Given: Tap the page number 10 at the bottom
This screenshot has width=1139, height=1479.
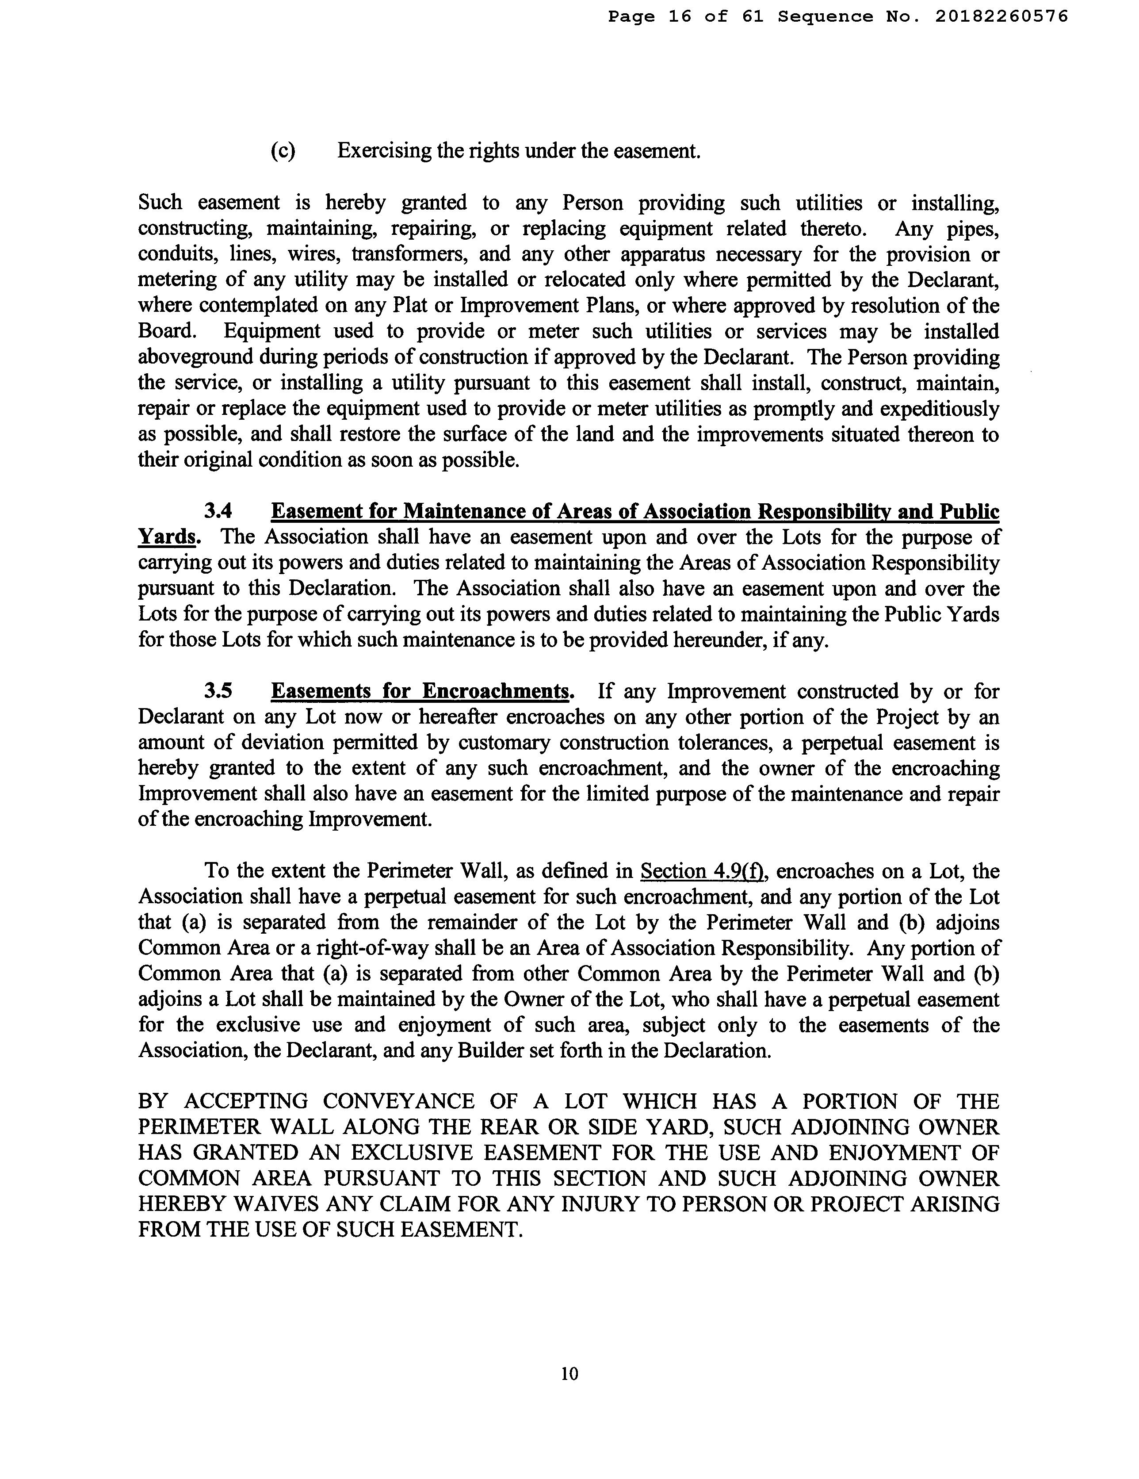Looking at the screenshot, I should coord(569,1373).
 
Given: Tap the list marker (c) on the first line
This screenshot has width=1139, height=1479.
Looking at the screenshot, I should coord(283,150).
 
